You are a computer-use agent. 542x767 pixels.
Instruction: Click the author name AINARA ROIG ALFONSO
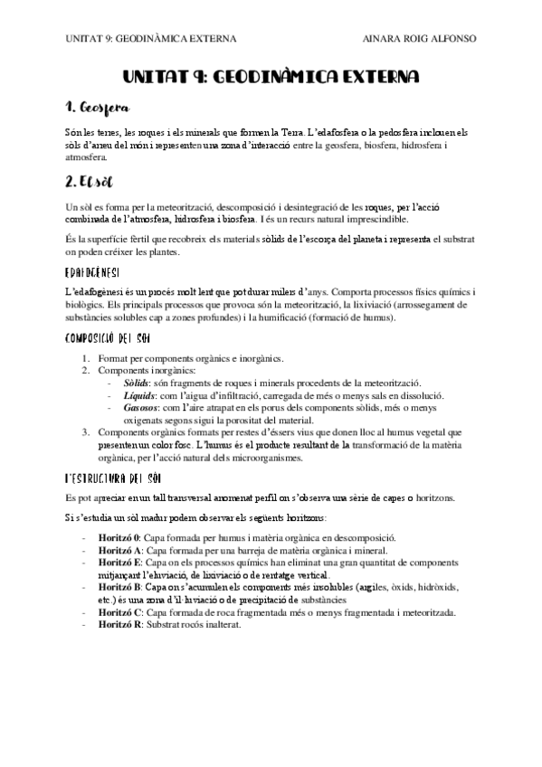click(418, 39)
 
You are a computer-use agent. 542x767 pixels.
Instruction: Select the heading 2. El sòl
click(84, 180)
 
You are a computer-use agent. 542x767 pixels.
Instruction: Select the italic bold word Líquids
click(144, 395)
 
